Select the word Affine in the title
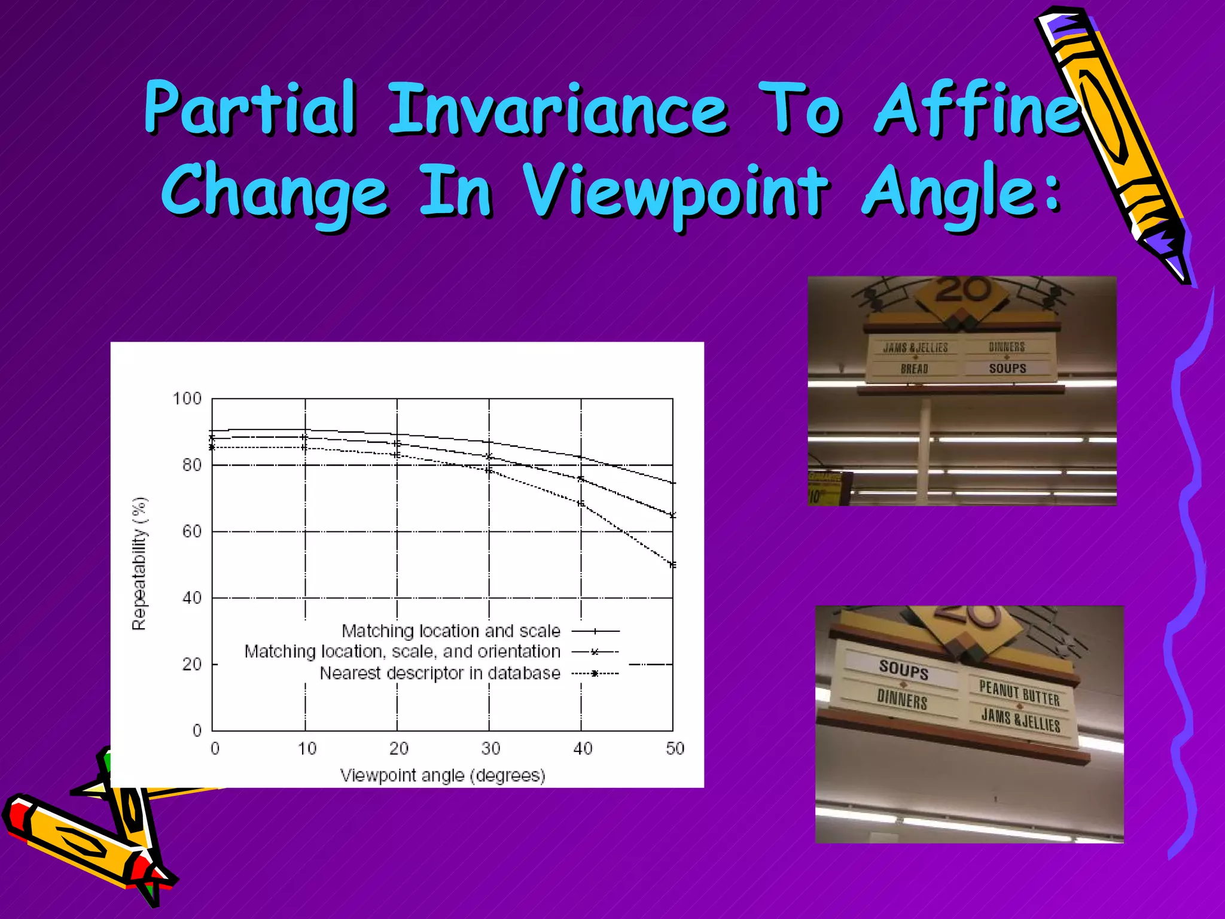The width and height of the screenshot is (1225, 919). tap(977, 109)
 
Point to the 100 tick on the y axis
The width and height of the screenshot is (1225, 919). tap(187, 398)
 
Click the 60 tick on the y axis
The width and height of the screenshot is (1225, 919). tap(192, 531)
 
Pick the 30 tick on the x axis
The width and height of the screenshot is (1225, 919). tap(490, 748)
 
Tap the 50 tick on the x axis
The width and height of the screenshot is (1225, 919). tap(675, 748)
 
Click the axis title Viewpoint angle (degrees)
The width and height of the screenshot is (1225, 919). tap(443, 775)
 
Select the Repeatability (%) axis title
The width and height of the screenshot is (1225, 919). tap(139, 564)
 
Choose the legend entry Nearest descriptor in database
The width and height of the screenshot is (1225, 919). tap(440, 673)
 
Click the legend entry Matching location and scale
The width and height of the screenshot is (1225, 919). tap(451, 631)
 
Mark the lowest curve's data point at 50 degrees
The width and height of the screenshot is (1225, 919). tap(673, 565)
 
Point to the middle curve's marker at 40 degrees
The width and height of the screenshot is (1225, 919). tap(581, 479)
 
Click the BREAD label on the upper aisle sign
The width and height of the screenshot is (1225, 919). tap(914, 369)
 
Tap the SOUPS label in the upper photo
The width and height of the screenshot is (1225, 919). tap(1007, 369)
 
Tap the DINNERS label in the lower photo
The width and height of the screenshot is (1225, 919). tap(902, 699)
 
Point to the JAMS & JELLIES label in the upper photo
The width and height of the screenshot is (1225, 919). tap(915, 348)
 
